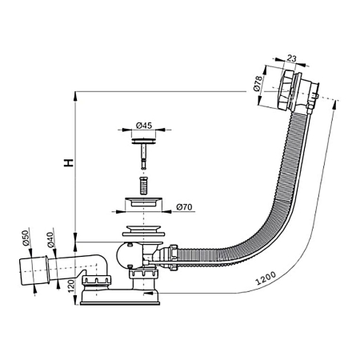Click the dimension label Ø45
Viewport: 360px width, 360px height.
(145, 125)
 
